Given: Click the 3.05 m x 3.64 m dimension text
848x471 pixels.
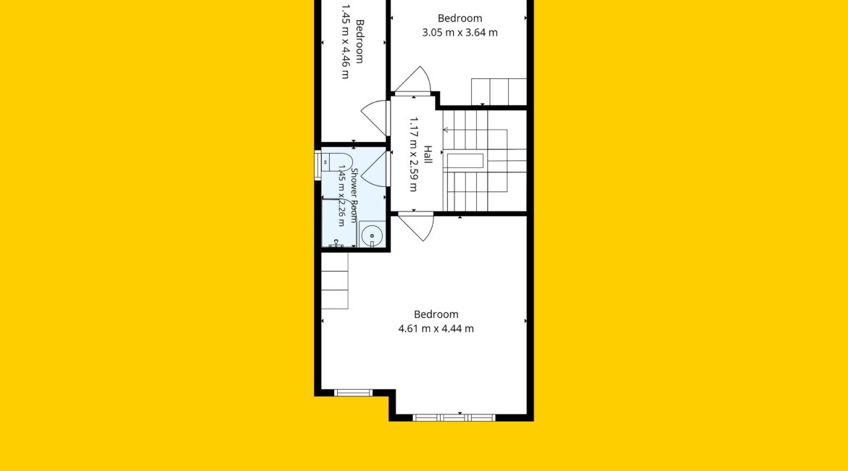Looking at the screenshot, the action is [x=460, y=33].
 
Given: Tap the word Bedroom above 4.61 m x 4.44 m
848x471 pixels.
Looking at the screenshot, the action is [x=436, y=314].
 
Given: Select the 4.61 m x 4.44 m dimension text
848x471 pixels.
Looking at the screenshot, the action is [x=436, y=328].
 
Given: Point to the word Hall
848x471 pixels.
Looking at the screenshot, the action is [x=428, y=154].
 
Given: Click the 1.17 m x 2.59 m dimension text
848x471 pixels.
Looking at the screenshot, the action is [x=413, y=154].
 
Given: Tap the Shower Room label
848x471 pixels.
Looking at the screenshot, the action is [x=354, y=195].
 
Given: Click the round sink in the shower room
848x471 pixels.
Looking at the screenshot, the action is [x=372, y=236].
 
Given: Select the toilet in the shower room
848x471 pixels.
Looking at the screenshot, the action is [x=336, y=162].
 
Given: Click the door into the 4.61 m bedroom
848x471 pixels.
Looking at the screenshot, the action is [x=417, y=227].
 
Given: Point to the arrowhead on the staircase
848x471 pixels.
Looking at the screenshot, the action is [x=446, y=130].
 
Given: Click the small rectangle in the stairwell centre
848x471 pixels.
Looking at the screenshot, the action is [x=465, y=162].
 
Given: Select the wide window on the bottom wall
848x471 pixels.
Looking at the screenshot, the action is [x=454, y=417].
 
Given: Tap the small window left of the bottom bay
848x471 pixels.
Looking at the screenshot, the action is [x=353, y=393].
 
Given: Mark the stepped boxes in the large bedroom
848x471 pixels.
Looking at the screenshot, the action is [x=335, y=280].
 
